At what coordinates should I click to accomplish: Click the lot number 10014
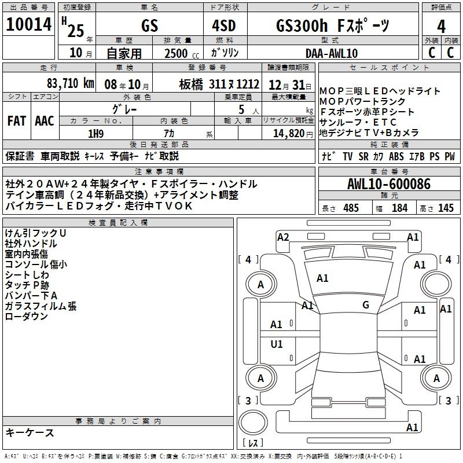(29, 24)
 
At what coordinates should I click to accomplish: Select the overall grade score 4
(441, 27)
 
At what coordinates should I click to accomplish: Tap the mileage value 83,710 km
(70, 83)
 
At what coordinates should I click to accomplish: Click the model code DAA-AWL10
(332, 53)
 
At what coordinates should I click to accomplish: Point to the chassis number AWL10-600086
(389, 184)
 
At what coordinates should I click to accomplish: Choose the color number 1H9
(95, 134)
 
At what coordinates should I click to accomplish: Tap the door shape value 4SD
(224, 26)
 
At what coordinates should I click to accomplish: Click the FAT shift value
(17, 121)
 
